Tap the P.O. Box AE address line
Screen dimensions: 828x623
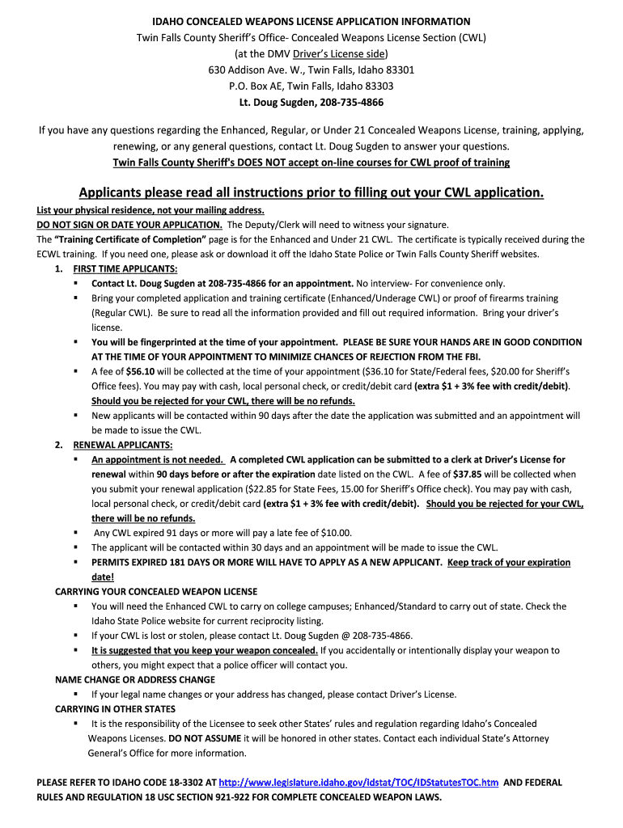click(x=311, y=86)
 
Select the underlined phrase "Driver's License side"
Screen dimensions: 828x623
click(x=340, y=53)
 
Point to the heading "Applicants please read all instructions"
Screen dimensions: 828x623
click(x=311, y=192)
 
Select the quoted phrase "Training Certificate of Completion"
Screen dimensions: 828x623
click(x=130, y=239)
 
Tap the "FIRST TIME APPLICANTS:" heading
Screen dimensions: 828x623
click(x=125, y=268)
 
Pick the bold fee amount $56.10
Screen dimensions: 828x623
click(x=142, y=371)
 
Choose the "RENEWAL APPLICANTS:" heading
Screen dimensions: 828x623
click(x=123, y=445)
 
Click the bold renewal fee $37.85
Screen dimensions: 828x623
click(x=468, y=475)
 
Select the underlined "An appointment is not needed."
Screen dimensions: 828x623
click(x=159, y=460)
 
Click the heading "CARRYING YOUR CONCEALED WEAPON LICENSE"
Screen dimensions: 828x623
click(x=156, y=592)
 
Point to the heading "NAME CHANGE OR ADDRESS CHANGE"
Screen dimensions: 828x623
click(x=135, y=680)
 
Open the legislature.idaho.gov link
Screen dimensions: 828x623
click(x=358, y=783)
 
